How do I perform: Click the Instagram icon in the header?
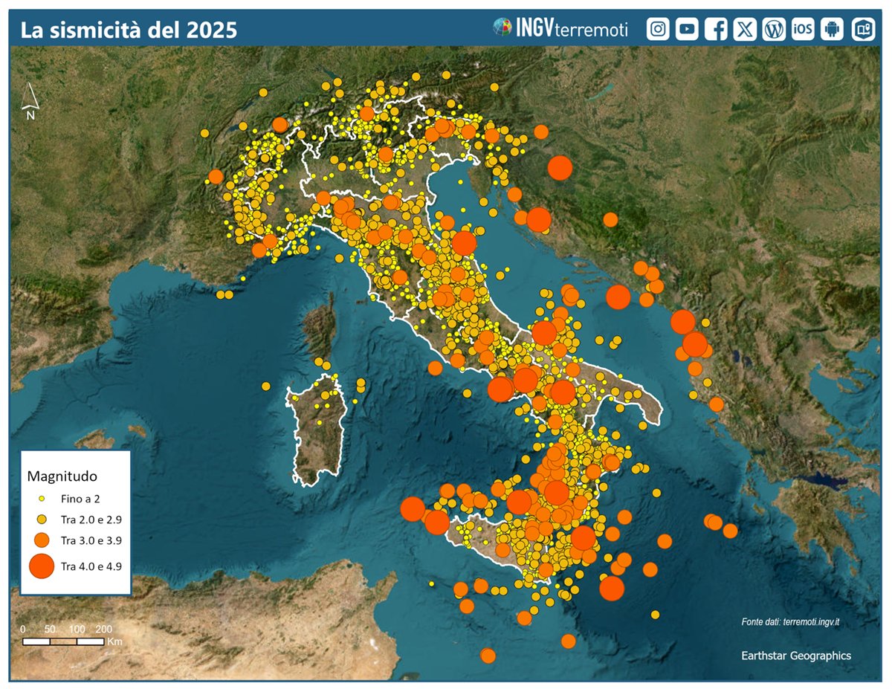tap(658, 29)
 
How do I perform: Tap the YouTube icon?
tap(687, 29)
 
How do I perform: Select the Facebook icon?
tap(716, 29)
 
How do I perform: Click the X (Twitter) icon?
tap(745, 29)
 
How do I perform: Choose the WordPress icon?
tap(774, 29)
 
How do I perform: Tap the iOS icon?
tap(803, 29)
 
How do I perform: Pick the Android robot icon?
tap(832, 29)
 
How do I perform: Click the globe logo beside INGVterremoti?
tap(502, 28)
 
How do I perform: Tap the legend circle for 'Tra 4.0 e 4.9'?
tap(42, 566)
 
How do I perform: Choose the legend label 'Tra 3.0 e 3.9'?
tap(91, 540)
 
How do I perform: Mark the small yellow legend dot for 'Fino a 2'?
tap(42, 499)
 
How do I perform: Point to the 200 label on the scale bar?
tap(104, 629)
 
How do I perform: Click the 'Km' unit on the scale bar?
tap(114, 641)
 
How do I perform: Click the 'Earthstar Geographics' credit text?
tap(796, 656)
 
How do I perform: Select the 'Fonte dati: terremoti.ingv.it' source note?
tap(795, 621)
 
